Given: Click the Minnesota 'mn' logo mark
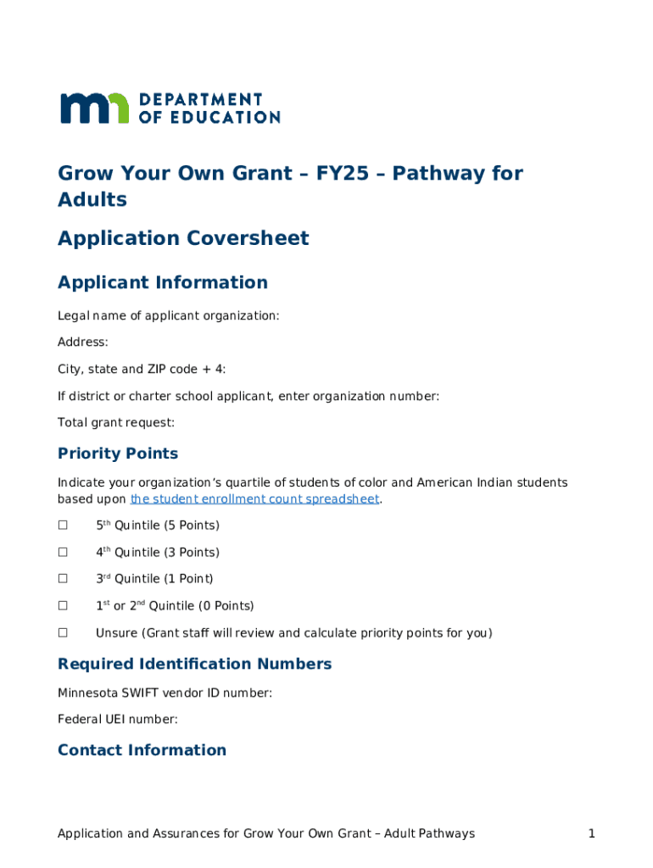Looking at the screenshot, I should click(x=94, y=108).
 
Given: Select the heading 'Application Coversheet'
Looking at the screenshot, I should click(x=183, y=239).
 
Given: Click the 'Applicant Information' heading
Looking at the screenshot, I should click(x=163, y=282).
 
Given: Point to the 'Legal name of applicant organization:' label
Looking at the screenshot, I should click(x=168, y=316).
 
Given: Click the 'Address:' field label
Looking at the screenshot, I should click(x=82, y=342).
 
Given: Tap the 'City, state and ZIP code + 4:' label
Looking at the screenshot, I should click(x=142, y=370).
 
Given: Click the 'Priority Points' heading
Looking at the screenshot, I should click(x=118, y=453).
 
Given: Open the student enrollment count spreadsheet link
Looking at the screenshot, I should click(x=254, y=499).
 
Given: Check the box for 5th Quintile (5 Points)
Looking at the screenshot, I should click(x=63, y=526).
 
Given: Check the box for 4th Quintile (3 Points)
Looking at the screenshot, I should click(x=63, y=553).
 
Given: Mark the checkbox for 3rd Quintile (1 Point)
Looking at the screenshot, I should click(x=63, y=579).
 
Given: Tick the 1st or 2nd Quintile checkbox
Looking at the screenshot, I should click(x=63, y=606).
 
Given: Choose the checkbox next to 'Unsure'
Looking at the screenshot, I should click(x=63, y=633).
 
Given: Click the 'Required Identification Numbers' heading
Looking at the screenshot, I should click(x=194, y=664).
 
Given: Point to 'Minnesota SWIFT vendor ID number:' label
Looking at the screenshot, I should click(x=165, y=693).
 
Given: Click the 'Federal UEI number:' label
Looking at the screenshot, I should click(x=117, y=720).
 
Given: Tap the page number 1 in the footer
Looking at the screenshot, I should click(x=591, y=834).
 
